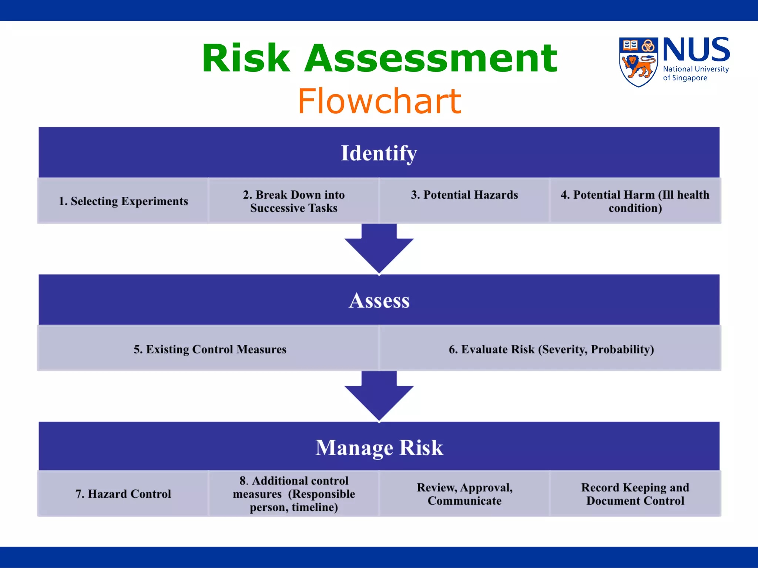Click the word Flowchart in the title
[379, 101]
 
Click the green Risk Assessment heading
[379, 58]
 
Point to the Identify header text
[379, 153]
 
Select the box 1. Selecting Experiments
[123, 201]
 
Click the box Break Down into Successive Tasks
[294, 201]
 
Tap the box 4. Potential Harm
[635, 201]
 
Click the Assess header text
[379, 300]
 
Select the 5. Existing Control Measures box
[209, 349]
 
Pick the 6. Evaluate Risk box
[551, 349]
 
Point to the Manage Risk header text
[379, 447]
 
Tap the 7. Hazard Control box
[123, 494]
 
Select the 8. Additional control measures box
[294, 494]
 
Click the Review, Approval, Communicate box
[464, 494]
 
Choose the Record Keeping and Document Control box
[635, 494]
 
